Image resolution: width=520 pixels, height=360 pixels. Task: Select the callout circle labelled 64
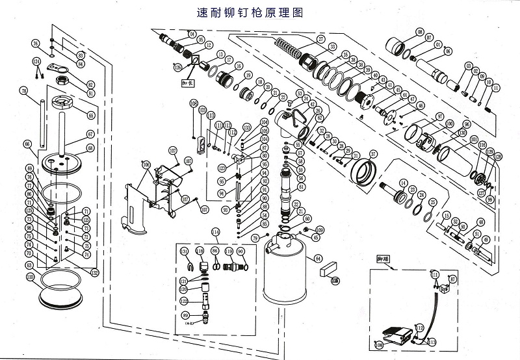pyautogui.click(x=318, y=259)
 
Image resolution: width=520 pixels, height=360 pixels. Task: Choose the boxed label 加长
pyautogui.click(x=188, y=83)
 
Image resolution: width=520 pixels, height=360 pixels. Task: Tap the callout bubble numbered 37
pyautogui.click(x=373, y=154)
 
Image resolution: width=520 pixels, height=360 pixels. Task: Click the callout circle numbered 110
pyautogui.click(x=30, y=276)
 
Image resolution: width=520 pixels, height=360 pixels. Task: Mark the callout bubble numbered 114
pyautogui.click(x=216, y=232)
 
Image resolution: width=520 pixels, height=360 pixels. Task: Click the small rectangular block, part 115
pyautogui.click(x=326, y=268)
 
